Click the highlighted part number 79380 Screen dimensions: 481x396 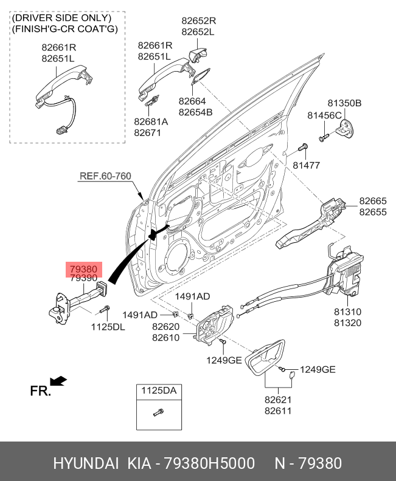pos(83,268)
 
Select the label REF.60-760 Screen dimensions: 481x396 pos(105,177)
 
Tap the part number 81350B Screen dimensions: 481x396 pos(344,104)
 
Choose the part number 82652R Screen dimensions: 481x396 pos(198,21)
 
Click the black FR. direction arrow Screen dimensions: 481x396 pos(58,381)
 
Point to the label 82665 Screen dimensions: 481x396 pos(372,201)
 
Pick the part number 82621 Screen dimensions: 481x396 pos(278,400)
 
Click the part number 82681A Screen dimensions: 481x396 pos(151,121)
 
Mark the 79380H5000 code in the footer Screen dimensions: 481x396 pos(208,464)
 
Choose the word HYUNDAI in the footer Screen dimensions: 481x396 pos(86,464)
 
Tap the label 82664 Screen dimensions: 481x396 pos(192,101)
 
